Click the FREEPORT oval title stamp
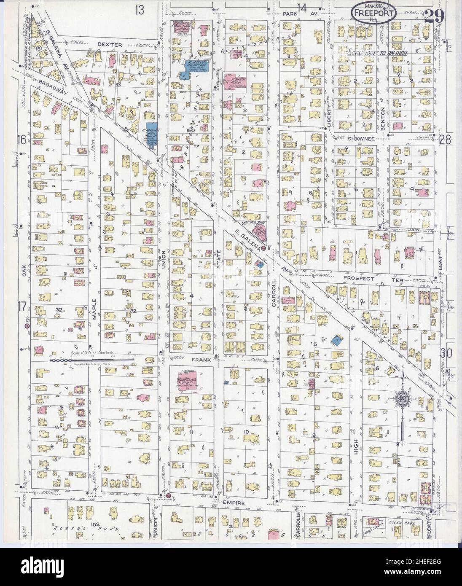coord(373,13)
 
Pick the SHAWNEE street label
coord(361,138)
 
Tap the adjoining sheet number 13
coord(140,10)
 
